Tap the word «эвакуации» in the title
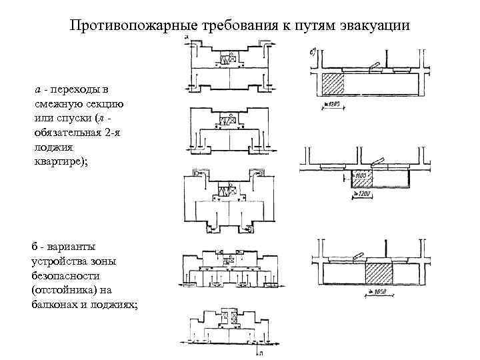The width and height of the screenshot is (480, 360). click(371, 27)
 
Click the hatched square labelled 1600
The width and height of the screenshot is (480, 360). click(361, 178)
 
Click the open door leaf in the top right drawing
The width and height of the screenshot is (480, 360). click(373, 65)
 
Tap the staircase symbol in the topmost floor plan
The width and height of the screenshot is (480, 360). click(227, 60)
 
